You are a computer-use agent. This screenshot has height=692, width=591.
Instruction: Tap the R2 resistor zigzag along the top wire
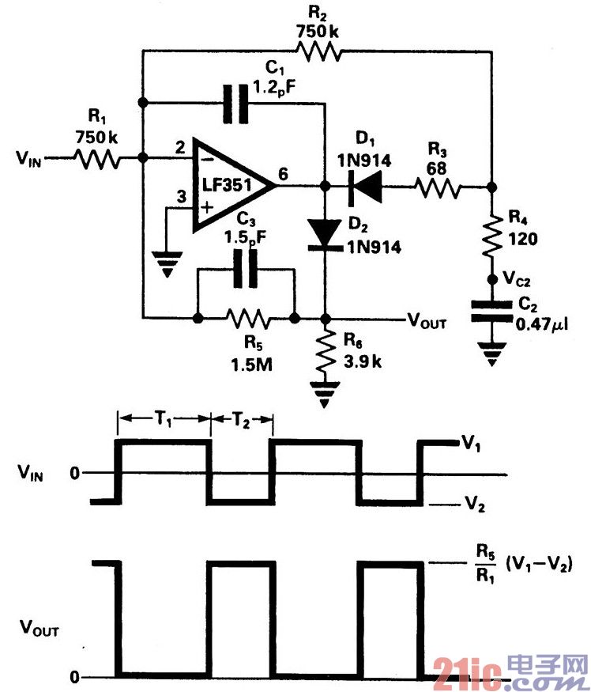pyautogui.click(x=319, y=52)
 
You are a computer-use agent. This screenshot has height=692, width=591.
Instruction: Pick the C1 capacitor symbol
pyautogui.click(x=235, y=102)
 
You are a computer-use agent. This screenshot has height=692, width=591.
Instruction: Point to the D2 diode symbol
pyautogui.click(x=325, y=232)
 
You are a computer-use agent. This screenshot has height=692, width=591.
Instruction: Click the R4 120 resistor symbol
pyautogui.click(x=491, y=235)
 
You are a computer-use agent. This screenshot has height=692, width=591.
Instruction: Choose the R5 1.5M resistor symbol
pyautogui.click(x=247, y=320)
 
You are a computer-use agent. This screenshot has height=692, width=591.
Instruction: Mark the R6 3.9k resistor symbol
pyautogui.click(x=325, y=356)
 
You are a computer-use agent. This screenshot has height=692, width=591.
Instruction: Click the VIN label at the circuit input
pyautogui.click(x=31, y=159)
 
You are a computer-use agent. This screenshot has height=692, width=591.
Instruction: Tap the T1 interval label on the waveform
pyautogui.click(x=164, y=419)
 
